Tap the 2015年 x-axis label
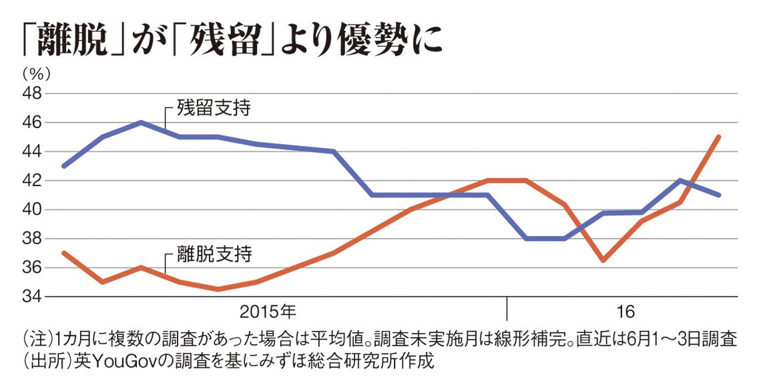268,311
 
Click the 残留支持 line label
214,108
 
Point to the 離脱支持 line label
214,254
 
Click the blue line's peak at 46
141,122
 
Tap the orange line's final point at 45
719,137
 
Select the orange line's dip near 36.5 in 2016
603,260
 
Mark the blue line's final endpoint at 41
719,195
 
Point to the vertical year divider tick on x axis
507,308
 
